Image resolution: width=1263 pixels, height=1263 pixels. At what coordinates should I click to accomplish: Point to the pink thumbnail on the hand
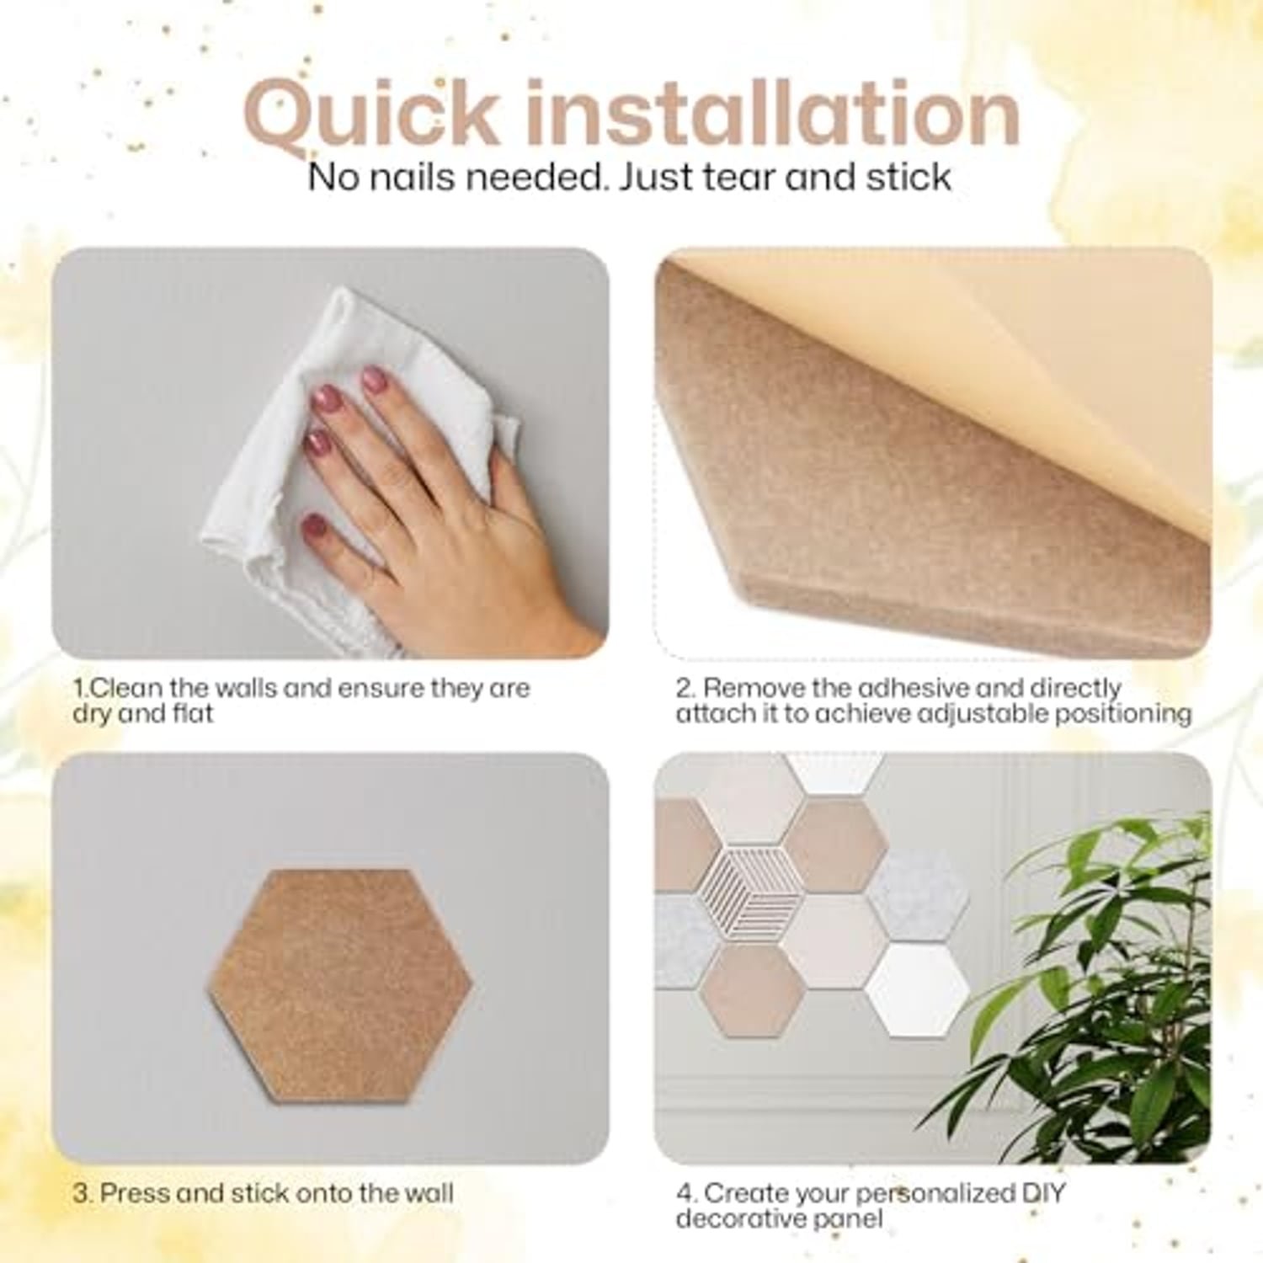[314, 529]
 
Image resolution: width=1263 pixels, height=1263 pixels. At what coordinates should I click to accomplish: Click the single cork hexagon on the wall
[340, 985]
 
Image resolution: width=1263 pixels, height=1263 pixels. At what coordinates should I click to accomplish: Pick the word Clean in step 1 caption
[127, 688]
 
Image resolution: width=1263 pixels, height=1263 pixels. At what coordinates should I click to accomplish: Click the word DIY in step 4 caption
[1044, 1193]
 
